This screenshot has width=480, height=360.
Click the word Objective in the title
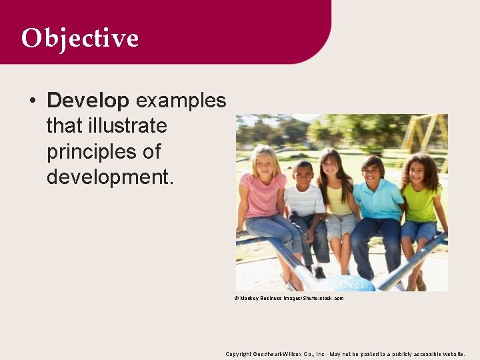[79, 38]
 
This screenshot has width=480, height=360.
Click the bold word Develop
[88, 101]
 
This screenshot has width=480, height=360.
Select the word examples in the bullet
[181, 101]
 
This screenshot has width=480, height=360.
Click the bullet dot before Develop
[32, 101]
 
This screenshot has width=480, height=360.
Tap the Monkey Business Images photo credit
[289, 298]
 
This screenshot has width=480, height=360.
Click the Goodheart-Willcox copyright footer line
[345, 354]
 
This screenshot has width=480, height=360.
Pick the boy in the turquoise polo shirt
[377, 200]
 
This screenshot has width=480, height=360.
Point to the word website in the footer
[452, 354]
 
